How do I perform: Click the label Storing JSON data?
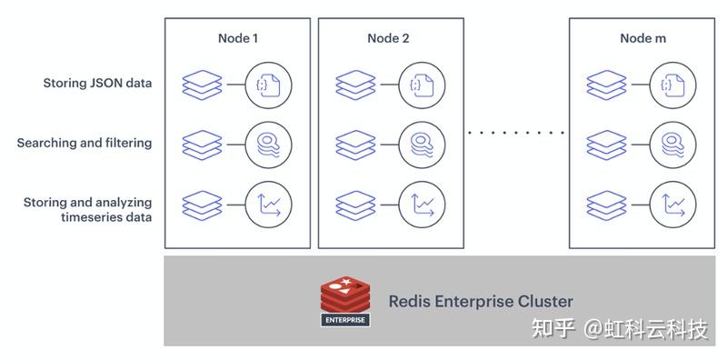pos(97,84)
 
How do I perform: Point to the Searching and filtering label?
pos(85,143)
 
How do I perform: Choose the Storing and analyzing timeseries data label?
pos(87,209)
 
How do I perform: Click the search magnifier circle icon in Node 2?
pos(420,144)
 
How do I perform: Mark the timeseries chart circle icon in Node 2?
pos(420,204)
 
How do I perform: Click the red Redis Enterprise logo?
pos(346,301)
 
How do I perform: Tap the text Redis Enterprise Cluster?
pos(481,301)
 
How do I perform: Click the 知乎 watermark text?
pos(554,328)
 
